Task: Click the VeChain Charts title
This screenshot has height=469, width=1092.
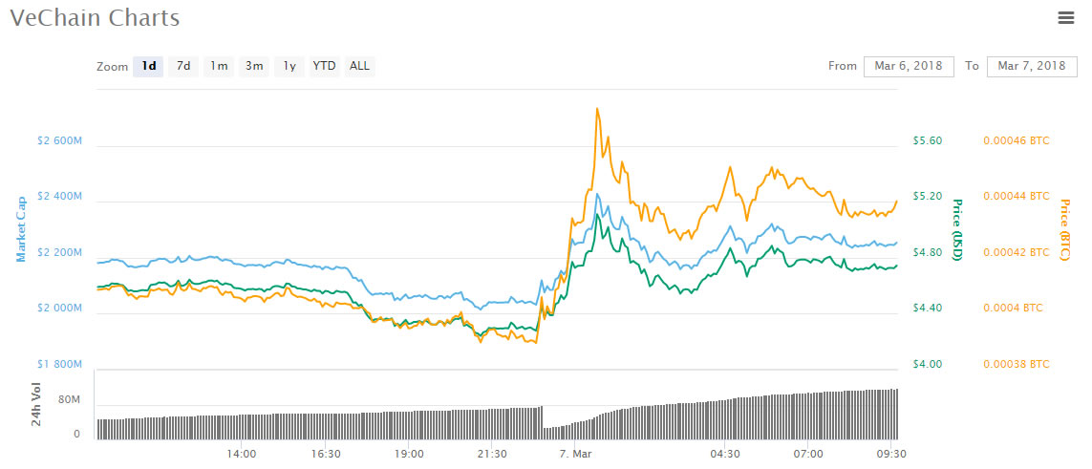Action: [95, 17]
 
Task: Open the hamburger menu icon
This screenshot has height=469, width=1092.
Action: [1066, 16]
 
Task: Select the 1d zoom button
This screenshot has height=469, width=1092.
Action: [148, 66]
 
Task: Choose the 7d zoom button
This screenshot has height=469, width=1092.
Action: [182, 66]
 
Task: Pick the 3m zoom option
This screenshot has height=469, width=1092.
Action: [254, 66]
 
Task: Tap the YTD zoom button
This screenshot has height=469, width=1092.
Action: [325, 66]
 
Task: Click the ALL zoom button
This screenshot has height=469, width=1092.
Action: [359, 66]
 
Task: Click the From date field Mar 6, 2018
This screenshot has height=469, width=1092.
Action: [909, 66]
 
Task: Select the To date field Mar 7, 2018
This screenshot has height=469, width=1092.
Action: [1031, 66]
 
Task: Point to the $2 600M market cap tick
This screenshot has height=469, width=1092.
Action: [59, 141]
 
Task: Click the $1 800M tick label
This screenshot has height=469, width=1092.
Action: [59, 365]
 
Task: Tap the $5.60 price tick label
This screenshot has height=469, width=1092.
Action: [927, 141]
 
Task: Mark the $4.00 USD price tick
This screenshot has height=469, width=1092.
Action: [927, 365]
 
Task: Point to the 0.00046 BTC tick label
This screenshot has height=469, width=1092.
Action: [1016, 141]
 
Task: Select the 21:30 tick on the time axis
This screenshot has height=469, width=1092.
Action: [492, 454]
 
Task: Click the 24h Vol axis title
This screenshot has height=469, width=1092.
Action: [37, 404]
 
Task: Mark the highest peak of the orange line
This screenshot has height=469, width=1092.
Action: [597, 109]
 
